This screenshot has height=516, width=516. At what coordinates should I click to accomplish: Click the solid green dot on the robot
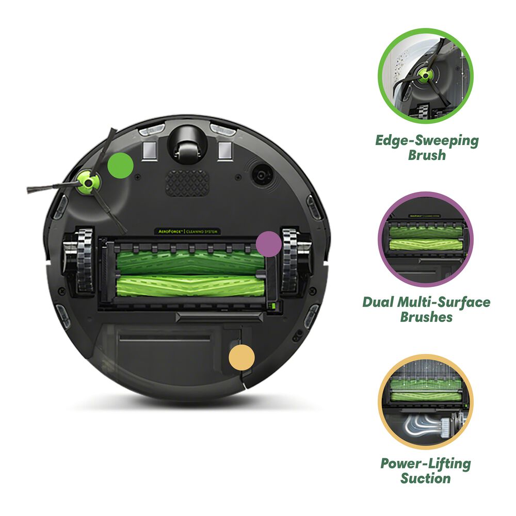tap(121, 165)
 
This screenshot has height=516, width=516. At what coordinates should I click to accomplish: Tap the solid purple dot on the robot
tap(269, 244)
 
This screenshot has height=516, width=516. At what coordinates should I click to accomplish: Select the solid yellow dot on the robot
tap(242, 357)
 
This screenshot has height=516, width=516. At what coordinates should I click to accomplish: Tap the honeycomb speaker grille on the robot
tap(187, 183)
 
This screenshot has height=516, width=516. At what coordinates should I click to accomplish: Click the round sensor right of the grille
tap(262, 175)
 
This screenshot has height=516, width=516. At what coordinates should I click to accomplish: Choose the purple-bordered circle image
tap(426, 239)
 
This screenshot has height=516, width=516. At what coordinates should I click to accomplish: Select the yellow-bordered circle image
tap(426, 401)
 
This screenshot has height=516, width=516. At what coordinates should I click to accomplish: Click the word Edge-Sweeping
tap(427, 141)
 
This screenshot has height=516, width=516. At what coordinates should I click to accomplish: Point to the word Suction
tap(426, 478)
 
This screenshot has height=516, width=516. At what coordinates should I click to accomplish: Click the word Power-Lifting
tap(426, 463)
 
